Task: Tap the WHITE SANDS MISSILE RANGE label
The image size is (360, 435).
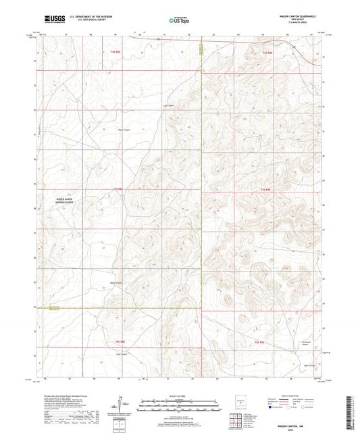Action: coord(57,201)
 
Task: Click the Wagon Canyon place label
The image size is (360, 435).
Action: coord(116,282)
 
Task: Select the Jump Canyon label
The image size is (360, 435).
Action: coord(122,353)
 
